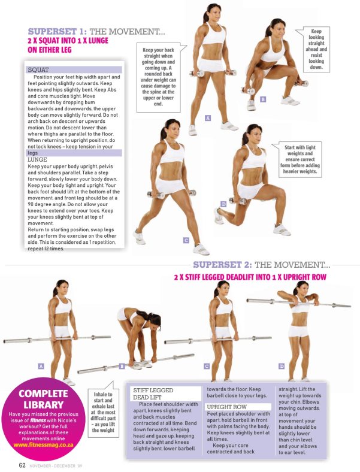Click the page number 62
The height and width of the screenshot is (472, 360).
(x=22, y=465)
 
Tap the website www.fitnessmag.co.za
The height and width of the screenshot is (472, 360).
(x=43, y=444)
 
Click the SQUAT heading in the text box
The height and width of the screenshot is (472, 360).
(x=38, y=70)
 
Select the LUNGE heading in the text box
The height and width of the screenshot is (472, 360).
(x=37, y=159)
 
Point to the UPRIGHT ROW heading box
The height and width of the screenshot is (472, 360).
(x=238, y=407)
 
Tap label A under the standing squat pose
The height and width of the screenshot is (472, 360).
(x=208, y=118)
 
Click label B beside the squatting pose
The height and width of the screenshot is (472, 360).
(x=263, y=99)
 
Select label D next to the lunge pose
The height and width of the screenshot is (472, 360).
(x=223, y=204)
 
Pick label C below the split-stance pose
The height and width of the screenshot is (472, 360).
(x=186, y=240)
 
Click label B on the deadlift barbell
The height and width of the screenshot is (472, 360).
(x=122, y=366)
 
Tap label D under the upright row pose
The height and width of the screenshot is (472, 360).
(x=282, y=366)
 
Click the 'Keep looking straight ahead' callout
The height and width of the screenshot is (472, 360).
(x=316, y=49)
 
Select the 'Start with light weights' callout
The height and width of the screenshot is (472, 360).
(x=300, y=159)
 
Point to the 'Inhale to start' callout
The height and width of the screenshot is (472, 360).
(x=103, y=412)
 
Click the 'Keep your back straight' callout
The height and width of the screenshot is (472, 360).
(x=159, y=77)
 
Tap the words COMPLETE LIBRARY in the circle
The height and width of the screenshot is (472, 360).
(x=43, y=399)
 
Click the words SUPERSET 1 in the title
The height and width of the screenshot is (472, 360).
(x=57, y=31)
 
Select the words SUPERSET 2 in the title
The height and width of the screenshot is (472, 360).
(x=222, y=265)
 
